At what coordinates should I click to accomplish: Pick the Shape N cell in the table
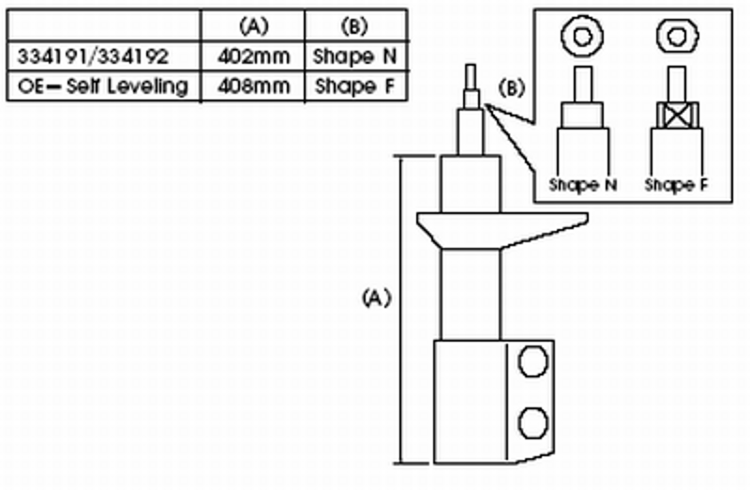[x=356, y=56]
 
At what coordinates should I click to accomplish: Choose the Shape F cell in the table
[x=356, y=87]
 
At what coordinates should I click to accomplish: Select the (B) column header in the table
[x=356, y=25]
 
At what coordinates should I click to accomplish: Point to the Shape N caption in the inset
[x=582, y=185]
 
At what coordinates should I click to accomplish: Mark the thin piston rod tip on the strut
[x=472, y=74]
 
